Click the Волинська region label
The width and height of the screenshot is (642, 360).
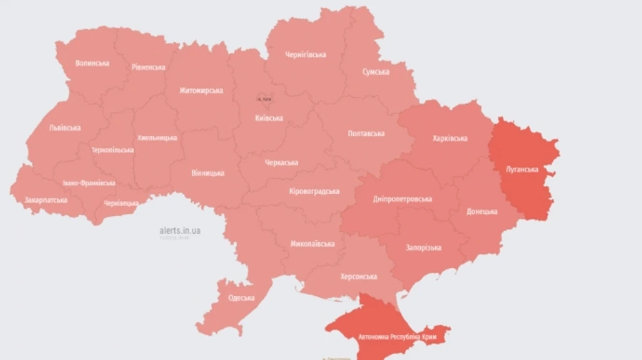(92, 63)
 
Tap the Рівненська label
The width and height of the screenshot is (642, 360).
(148, 67)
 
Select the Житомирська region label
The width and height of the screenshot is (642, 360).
(200, 91)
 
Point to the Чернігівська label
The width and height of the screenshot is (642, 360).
(305, 54)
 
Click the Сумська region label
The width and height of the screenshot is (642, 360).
(375, 72)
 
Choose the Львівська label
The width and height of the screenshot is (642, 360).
(64, 128)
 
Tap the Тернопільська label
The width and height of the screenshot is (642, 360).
(112, 150)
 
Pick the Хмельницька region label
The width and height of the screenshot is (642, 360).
(157, 138)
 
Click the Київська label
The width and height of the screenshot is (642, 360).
(269, 118)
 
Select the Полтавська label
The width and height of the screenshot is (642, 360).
(366, 133)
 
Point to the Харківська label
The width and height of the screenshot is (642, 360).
(450, 138)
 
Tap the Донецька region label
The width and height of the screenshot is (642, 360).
(486, 212)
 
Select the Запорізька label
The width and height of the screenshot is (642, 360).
(424, 247)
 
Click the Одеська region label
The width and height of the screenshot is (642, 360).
(241, 297)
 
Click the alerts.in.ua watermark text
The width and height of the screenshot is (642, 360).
(180, 230)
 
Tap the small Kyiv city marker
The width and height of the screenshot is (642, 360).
(264, 99)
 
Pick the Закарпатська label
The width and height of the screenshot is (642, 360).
(46, 200)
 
